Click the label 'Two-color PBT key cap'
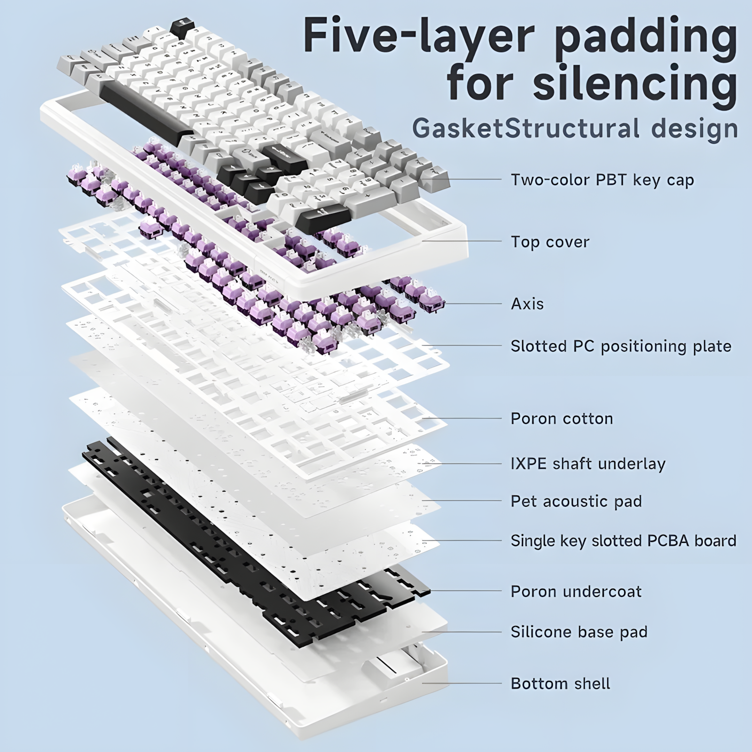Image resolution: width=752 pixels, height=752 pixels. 602,180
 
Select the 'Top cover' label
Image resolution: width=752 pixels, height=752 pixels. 550,242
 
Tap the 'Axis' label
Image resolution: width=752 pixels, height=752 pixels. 527,304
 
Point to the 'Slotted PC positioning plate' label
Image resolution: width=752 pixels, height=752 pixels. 621,346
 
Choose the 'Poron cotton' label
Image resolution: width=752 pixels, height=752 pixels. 562,419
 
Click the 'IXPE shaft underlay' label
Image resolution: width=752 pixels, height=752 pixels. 588,464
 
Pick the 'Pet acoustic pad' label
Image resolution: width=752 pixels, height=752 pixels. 576,501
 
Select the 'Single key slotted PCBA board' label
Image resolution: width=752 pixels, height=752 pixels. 623,541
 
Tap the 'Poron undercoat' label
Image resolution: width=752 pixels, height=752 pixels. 576,592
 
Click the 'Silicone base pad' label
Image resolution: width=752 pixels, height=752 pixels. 579,632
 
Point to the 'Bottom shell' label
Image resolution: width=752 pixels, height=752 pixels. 560,684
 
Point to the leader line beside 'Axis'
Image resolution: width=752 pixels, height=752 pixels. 472,304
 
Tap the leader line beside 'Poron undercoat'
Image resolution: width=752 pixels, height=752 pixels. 465,591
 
